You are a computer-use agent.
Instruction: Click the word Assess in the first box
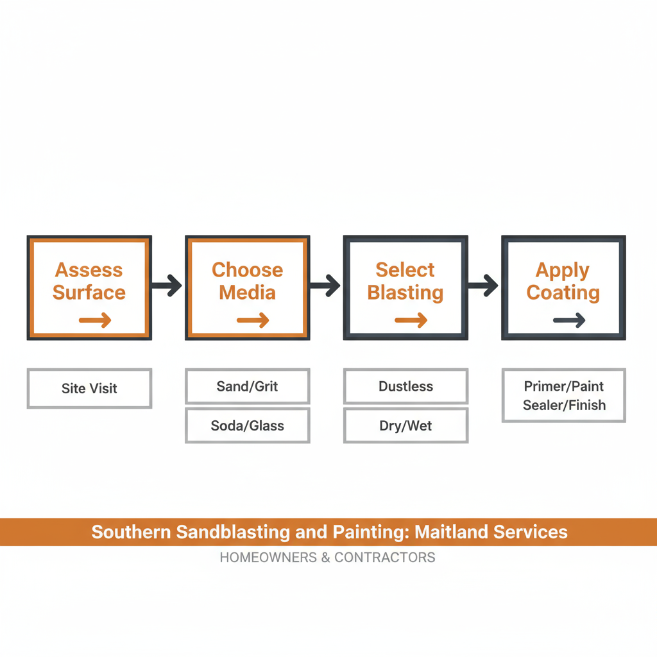[89, 270]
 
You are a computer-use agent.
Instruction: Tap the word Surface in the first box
[89, 293]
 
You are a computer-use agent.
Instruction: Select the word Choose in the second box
[247, 270]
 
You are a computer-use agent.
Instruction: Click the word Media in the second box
[247, 293]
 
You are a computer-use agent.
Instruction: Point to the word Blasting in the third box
[405, 293]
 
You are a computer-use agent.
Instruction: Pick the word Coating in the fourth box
[563, 293]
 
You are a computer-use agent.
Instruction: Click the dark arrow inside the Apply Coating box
[569, 320]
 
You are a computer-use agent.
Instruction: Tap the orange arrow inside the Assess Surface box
[95, 320]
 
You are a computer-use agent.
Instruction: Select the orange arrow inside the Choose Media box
[253, 320]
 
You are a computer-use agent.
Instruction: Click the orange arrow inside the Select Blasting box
[411, 320]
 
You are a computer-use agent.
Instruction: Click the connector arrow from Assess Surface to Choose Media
[167, 286]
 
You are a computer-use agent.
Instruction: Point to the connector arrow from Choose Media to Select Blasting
[326, 286]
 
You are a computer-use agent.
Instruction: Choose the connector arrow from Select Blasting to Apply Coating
[484, 286]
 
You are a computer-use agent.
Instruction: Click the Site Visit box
[89, 388]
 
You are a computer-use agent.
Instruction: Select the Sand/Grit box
[247, 386]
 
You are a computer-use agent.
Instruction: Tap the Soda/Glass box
[247, 425]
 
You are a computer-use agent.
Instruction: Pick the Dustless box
[405, 386]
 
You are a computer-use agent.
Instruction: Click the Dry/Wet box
[405, 425]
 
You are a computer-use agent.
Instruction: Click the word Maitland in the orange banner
[453, 532]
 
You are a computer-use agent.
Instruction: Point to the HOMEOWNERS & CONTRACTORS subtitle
[327, 557]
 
